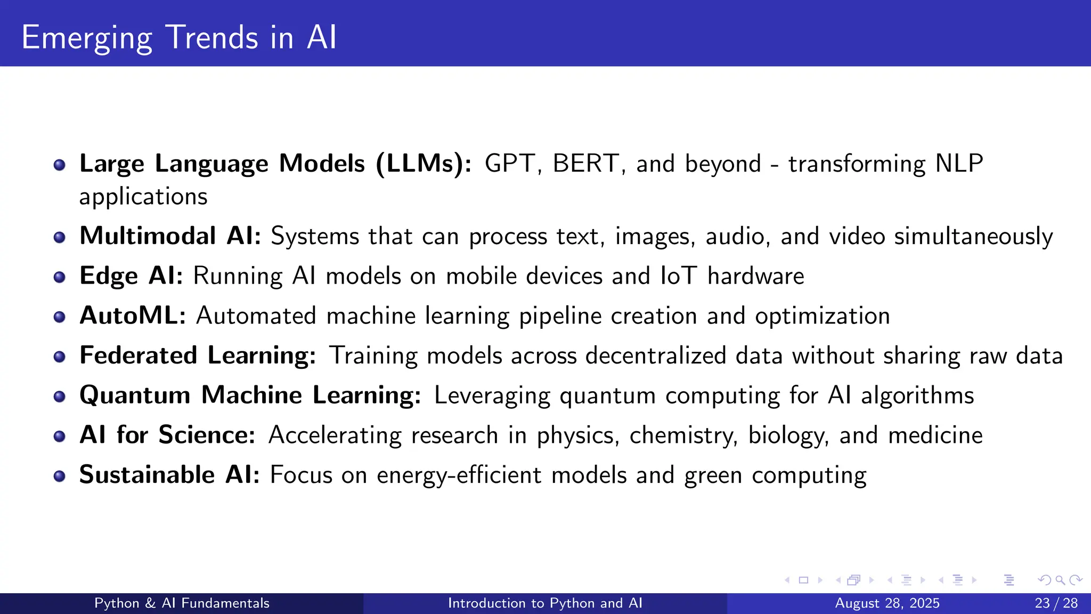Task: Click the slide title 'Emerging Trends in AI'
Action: pos(179,37)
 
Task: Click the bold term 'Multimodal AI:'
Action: pos(170,236)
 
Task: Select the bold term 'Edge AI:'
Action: pos(131,276)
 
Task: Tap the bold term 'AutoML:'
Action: pos(133,316)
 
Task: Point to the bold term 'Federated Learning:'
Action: pos(198,356)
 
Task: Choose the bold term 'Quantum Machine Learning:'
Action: pos(250,395)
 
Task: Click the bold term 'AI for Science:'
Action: pos(167,435)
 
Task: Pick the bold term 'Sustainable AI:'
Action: pos(169,475)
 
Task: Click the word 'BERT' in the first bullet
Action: pos(585,164)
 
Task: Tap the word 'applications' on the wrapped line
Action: pos(143,197)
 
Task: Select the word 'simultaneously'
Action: pos(973,236)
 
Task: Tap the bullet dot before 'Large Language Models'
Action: pos(60,165)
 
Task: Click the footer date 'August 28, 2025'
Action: pos(887,603)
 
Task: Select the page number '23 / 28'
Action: pos(1056,603)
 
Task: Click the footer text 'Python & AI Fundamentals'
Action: pos(182,603)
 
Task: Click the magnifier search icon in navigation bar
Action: pos(1060,580)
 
